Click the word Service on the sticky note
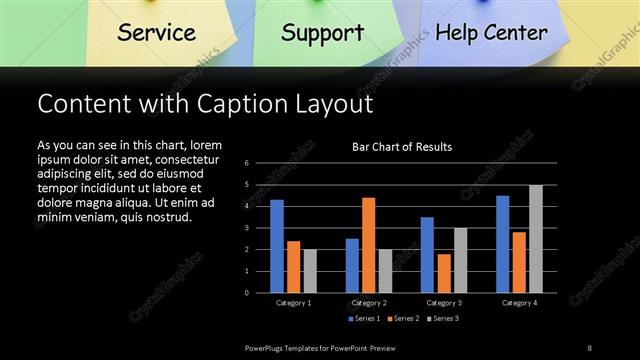click(156, 32)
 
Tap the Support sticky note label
click(322, 32)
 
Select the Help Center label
click(491, 32)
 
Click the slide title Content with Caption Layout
click(204, 104)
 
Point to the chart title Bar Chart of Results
click(402, 147)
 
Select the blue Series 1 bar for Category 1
click(277, 246)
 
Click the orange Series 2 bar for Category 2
click(368, 245)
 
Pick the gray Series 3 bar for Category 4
click(536, 239)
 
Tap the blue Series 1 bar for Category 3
click(427, 255)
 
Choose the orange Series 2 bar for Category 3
click(443, 273)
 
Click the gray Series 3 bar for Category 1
click(310, 271)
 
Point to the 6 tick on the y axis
click(246, 163)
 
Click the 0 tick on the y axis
click(246, 293)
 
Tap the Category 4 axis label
click(519, 302)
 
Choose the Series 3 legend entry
click(443, 319)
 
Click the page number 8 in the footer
click(590, 347)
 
